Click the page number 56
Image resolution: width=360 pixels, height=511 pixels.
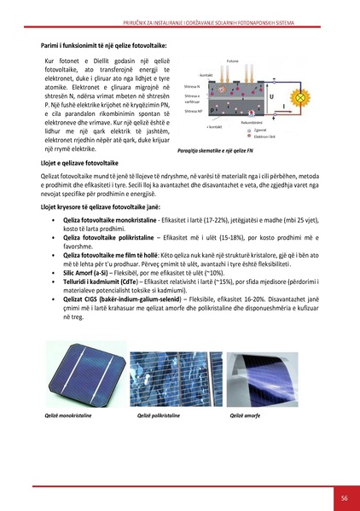click(x=344, y=497)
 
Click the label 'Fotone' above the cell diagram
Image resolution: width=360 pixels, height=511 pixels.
click(x=232, y=62)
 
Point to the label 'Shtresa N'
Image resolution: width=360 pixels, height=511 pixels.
click(x=192, y=86)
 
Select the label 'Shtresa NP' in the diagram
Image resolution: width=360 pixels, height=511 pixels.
click(x=193, y=111)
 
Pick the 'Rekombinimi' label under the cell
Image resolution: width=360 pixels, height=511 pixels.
click(x=253, y=123)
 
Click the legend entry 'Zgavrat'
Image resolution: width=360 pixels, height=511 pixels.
click(x=258, y=131)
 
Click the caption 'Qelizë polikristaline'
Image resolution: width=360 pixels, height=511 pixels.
click(x=159, y=415)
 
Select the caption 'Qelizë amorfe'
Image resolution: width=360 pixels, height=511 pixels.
click(x=246, y=415)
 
